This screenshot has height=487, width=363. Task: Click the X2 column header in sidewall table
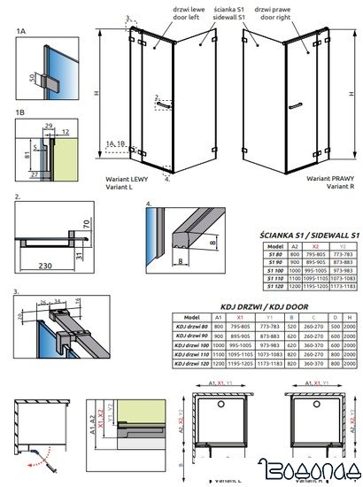(312, 247)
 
